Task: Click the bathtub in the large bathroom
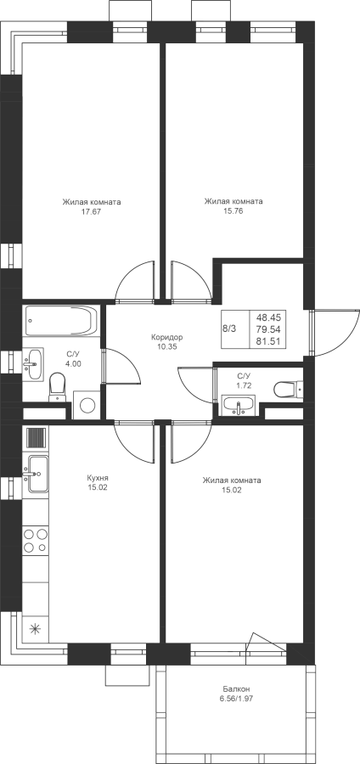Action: point(60,320)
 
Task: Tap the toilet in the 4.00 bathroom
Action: point(58,386)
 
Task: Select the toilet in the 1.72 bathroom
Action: point(289,390)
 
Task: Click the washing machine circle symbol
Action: point(87,405)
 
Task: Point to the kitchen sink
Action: point(37,474)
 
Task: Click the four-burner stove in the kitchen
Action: point(36,541)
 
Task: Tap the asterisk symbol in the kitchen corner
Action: point(36,628)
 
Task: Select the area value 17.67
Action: point(92,211)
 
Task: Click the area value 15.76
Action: point(233,211)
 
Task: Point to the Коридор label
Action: point(166,337)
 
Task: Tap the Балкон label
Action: point(237,689)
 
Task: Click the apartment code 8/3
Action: point(229,329)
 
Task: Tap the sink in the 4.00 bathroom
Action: point(32,363)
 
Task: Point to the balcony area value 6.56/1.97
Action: point(237,699)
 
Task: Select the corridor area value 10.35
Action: point(166,346)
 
